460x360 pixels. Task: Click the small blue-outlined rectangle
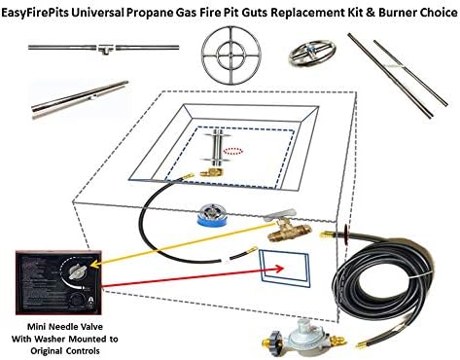292,270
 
